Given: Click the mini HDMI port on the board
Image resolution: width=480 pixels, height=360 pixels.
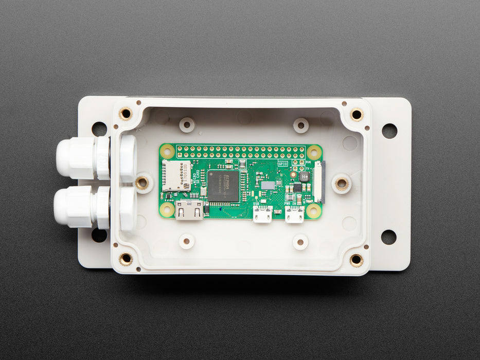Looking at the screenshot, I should (x=189, y=211).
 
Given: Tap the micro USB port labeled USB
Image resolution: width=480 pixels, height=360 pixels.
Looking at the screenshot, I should (x=262, y=214).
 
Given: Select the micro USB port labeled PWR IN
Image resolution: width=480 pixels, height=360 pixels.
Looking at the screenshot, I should (x=294, y=215).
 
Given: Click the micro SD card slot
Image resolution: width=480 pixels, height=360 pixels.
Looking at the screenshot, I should (x=176, y=175).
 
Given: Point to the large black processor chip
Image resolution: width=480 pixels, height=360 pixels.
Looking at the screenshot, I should (x=224, y=186).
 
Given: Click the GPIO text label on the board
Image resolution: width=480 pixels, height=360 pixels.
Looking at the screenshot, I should (x=283, y=164).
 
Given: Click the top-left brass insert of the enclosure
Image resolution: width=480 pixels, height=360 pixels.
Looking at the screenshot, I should (x=126, y=114).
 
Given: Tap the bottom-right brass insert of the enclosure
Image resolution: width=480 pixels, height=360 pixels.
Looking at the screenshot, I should (x=356, y=260).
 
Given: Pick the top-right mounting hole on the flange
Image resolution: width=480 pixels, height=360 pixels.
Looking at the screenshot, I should (x=389, y=131).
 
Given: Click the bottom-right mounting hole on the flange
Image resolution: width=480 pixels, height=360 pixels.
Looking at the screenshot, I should (x=388, y=237).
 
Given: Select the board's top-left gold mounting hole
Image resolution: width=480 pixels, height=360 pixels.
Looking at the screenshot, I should (x=167, y=151).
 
